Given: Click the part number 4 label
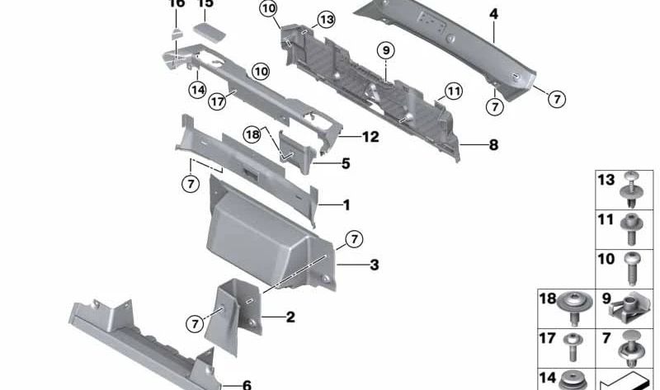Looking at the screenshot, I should click(493, 14).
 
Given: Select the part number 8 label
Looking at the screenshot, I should click(493, 145).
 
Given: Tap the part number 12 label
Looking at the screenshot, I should click(370, 137).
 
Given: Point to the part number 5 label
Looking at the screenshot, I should click(345, 164).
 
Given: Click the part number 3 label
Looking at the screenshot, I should click(374, 265).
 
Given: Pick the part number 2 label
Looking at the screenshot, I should click(290, 317).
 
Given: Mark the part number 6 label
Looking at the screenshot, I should click(246, 384).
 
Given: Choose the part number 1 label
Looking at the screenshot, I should click(346, 204).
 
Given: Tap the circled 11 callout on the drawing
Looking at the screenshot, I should click(453, 90).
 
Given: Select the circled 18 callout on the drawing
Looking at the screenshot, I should click(252, 134).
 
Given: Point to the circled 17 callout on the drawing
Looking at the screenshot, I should click(217, 102).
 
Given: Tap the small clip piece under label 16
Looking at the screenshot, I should click(177, 32).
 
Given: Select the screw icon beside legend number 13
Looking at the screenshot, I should click(632, 187).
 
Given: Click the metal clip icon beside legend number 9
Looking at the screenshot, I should click(632, 308).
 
